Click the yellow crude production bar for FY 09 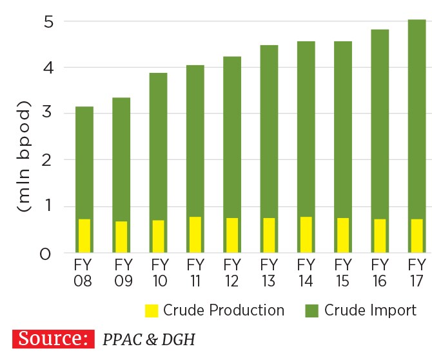[x=121, y=237]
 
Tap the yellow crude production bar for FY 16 [x=380, y=235]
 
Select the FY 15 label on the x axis [x=342, y=272]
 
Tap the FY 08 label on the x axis [x=84, y=272]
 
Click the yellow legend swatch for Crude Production [x=151, y=311]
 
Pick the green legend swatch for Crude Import [x=311, y=311]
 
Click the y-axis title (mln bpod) [x=25, y=156]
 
